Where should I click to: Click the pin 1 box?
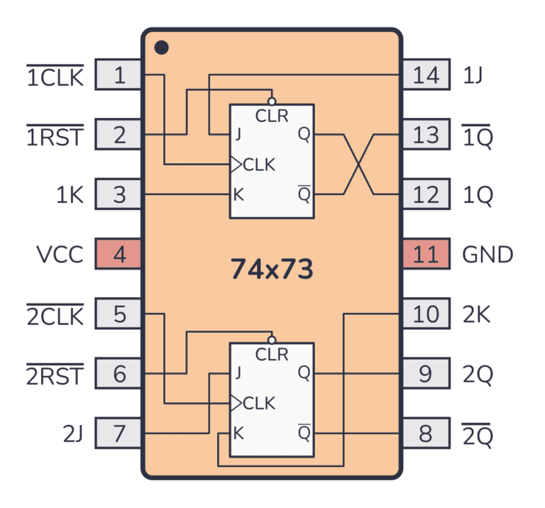[119, 74]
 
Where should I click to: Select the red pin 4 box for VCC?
[119, 254]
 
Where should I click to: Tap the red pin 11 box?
[426, 254]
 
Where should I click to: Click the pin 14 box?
[426, 74]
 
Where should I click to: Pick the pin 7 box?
[119, 433]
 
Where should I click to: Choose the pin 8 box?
[426, 433]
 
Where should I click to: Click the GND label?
[488, 254]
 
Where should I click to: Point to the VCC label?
[60, 254]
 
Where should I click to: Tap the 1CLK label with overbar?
[55, 77]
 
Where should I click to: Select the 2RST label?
[55, 375]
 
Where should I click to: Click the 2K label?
[477, 314]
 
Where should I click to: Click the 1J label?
[473, 75]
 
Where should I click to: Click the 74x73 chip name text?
[272, 269]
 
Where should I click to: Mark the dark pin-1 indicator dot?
[162, 48]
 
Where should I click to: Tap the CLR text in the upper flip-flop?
[272, 116]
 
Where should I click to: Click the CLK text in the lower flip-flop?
[259, 404]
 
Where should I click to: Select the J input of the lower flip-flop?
[238, 372]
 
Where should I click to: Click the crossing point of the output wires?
[358, 164]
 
